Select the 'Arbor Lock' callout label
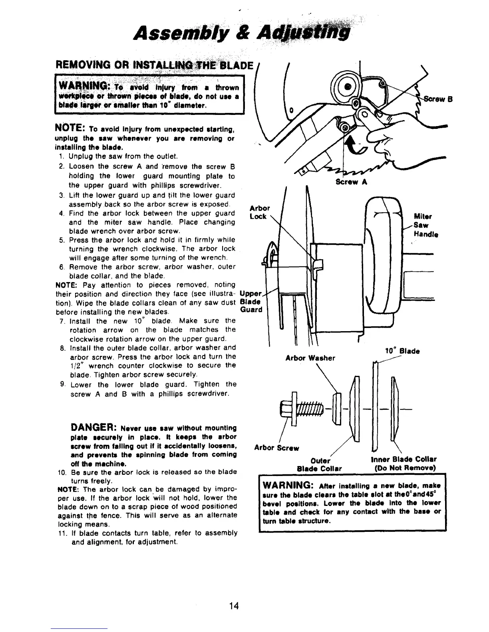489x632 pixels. [259, 212]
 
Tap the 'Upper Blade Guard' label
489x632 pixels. [251, 301]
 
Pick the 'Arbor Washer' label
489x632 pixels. [310, 358]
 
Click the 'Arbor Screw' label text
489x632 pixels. [276, 448]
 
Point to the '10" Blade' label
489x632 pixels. [402, 351]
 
